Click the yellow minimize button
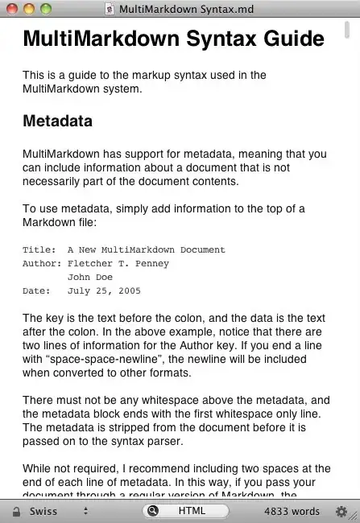pyautogui.click(x=29, y=9)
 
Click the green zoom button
pyautogui.click(x=45, y=9)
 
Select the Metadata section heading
pyautogui.click(x=57, y=121)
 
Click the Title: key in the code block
pyautogui.click(x=39, y=249)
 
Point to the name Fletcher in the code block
pyautogui.click(x=90, y=263)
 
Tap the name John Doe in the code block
pyautogui.click(x=90, y=277)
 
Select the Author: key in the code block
pyautogui.click(x=42, y=263)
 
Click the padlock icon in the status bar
pyautogui.click(x=15, y=511)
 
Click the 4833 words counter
pyautogui.click(x=292, y=511)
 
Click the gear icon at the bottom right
pyautogui.click(x=341, y=511)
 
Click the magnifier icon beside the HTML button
pyautogui.click(x=152, y=511)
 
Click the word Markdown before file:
pyautogui.click(x=52, y=222)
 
